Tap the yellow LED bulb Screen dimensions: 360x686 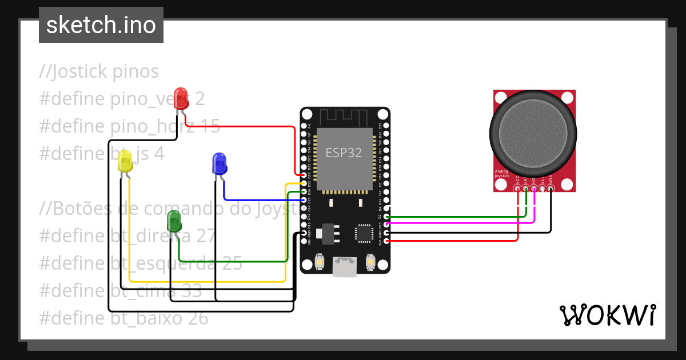pyautogui.click(x=125, y=163)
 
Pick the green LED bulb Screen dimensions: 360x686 pyautogui.click(x=174, y=221)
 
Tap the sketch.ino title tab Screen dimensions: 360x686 pyautogui.click(x=101, y=25)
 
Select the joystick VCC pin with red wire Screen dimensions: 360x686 pyautogui.click(x=517, y=189)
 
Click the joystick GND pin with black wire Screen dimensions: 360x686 pyautogui.click(x=551, y=189)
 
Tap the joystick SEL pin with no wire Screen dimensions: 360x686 pyautogui.click(x=542, y=189)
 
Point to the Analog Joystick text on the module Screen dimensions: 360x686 pyautogui.click(x=502, y=174)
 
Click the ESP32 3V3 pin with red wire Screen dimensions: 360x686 pyautogui.click(x=387, y=241)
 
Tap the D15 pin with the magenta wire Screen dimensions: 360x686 pyautogui.click(x=387, y=225)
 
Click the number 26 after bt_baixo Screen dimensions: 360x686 pyautogui.click(x=197, y=318)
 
